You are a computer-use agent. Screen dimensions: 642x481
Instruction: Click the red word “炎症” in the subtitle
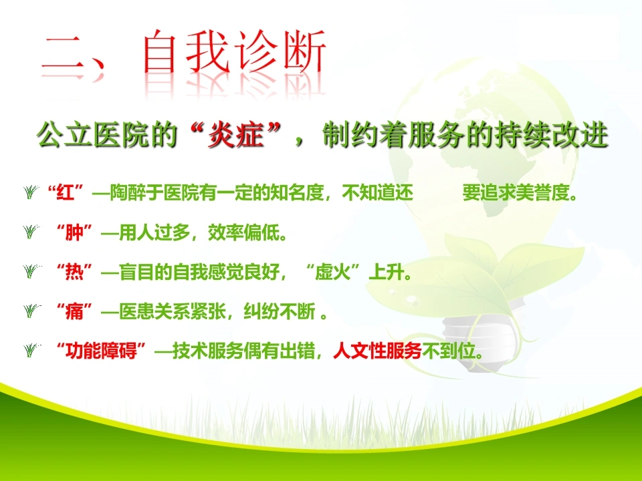(x=235, y=135)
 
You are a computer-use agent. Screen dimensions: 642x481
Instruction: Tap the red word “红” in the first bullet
(x=66, y=192)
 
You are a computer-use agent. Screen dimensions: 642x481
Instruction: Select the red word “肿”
(x=74, y=232)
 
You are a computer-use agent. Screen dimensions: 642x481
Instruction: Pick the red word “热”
(x=74, y=272)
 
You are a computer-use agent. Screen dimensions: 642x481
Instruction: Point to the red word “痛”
(x=74, y=311)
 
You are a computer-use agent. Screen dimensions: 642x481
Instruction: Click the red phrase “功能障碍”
(x=101, y=351)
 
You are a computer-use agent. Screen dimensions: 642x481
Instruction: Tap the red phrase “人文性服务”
(x=377, y=351)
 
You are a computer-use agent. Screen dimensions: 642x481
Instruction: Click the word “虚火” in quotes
(x=332, y=272)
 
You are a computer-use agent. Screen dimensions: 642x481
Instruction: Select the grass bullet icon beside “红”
(x=31, y=192)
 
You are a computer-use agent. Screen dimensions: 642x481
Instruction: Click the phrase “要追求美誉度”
(x=516, y=192)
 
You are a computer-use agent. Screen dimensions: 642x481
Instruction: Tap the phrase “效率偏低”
(x=243, y=232)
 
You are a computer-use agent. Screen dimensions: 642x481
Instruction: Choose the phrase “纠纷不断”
(x=280, y=311)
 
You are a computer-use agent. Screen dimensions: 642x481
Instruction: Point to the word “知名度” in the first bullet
(x=297, y=192)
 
